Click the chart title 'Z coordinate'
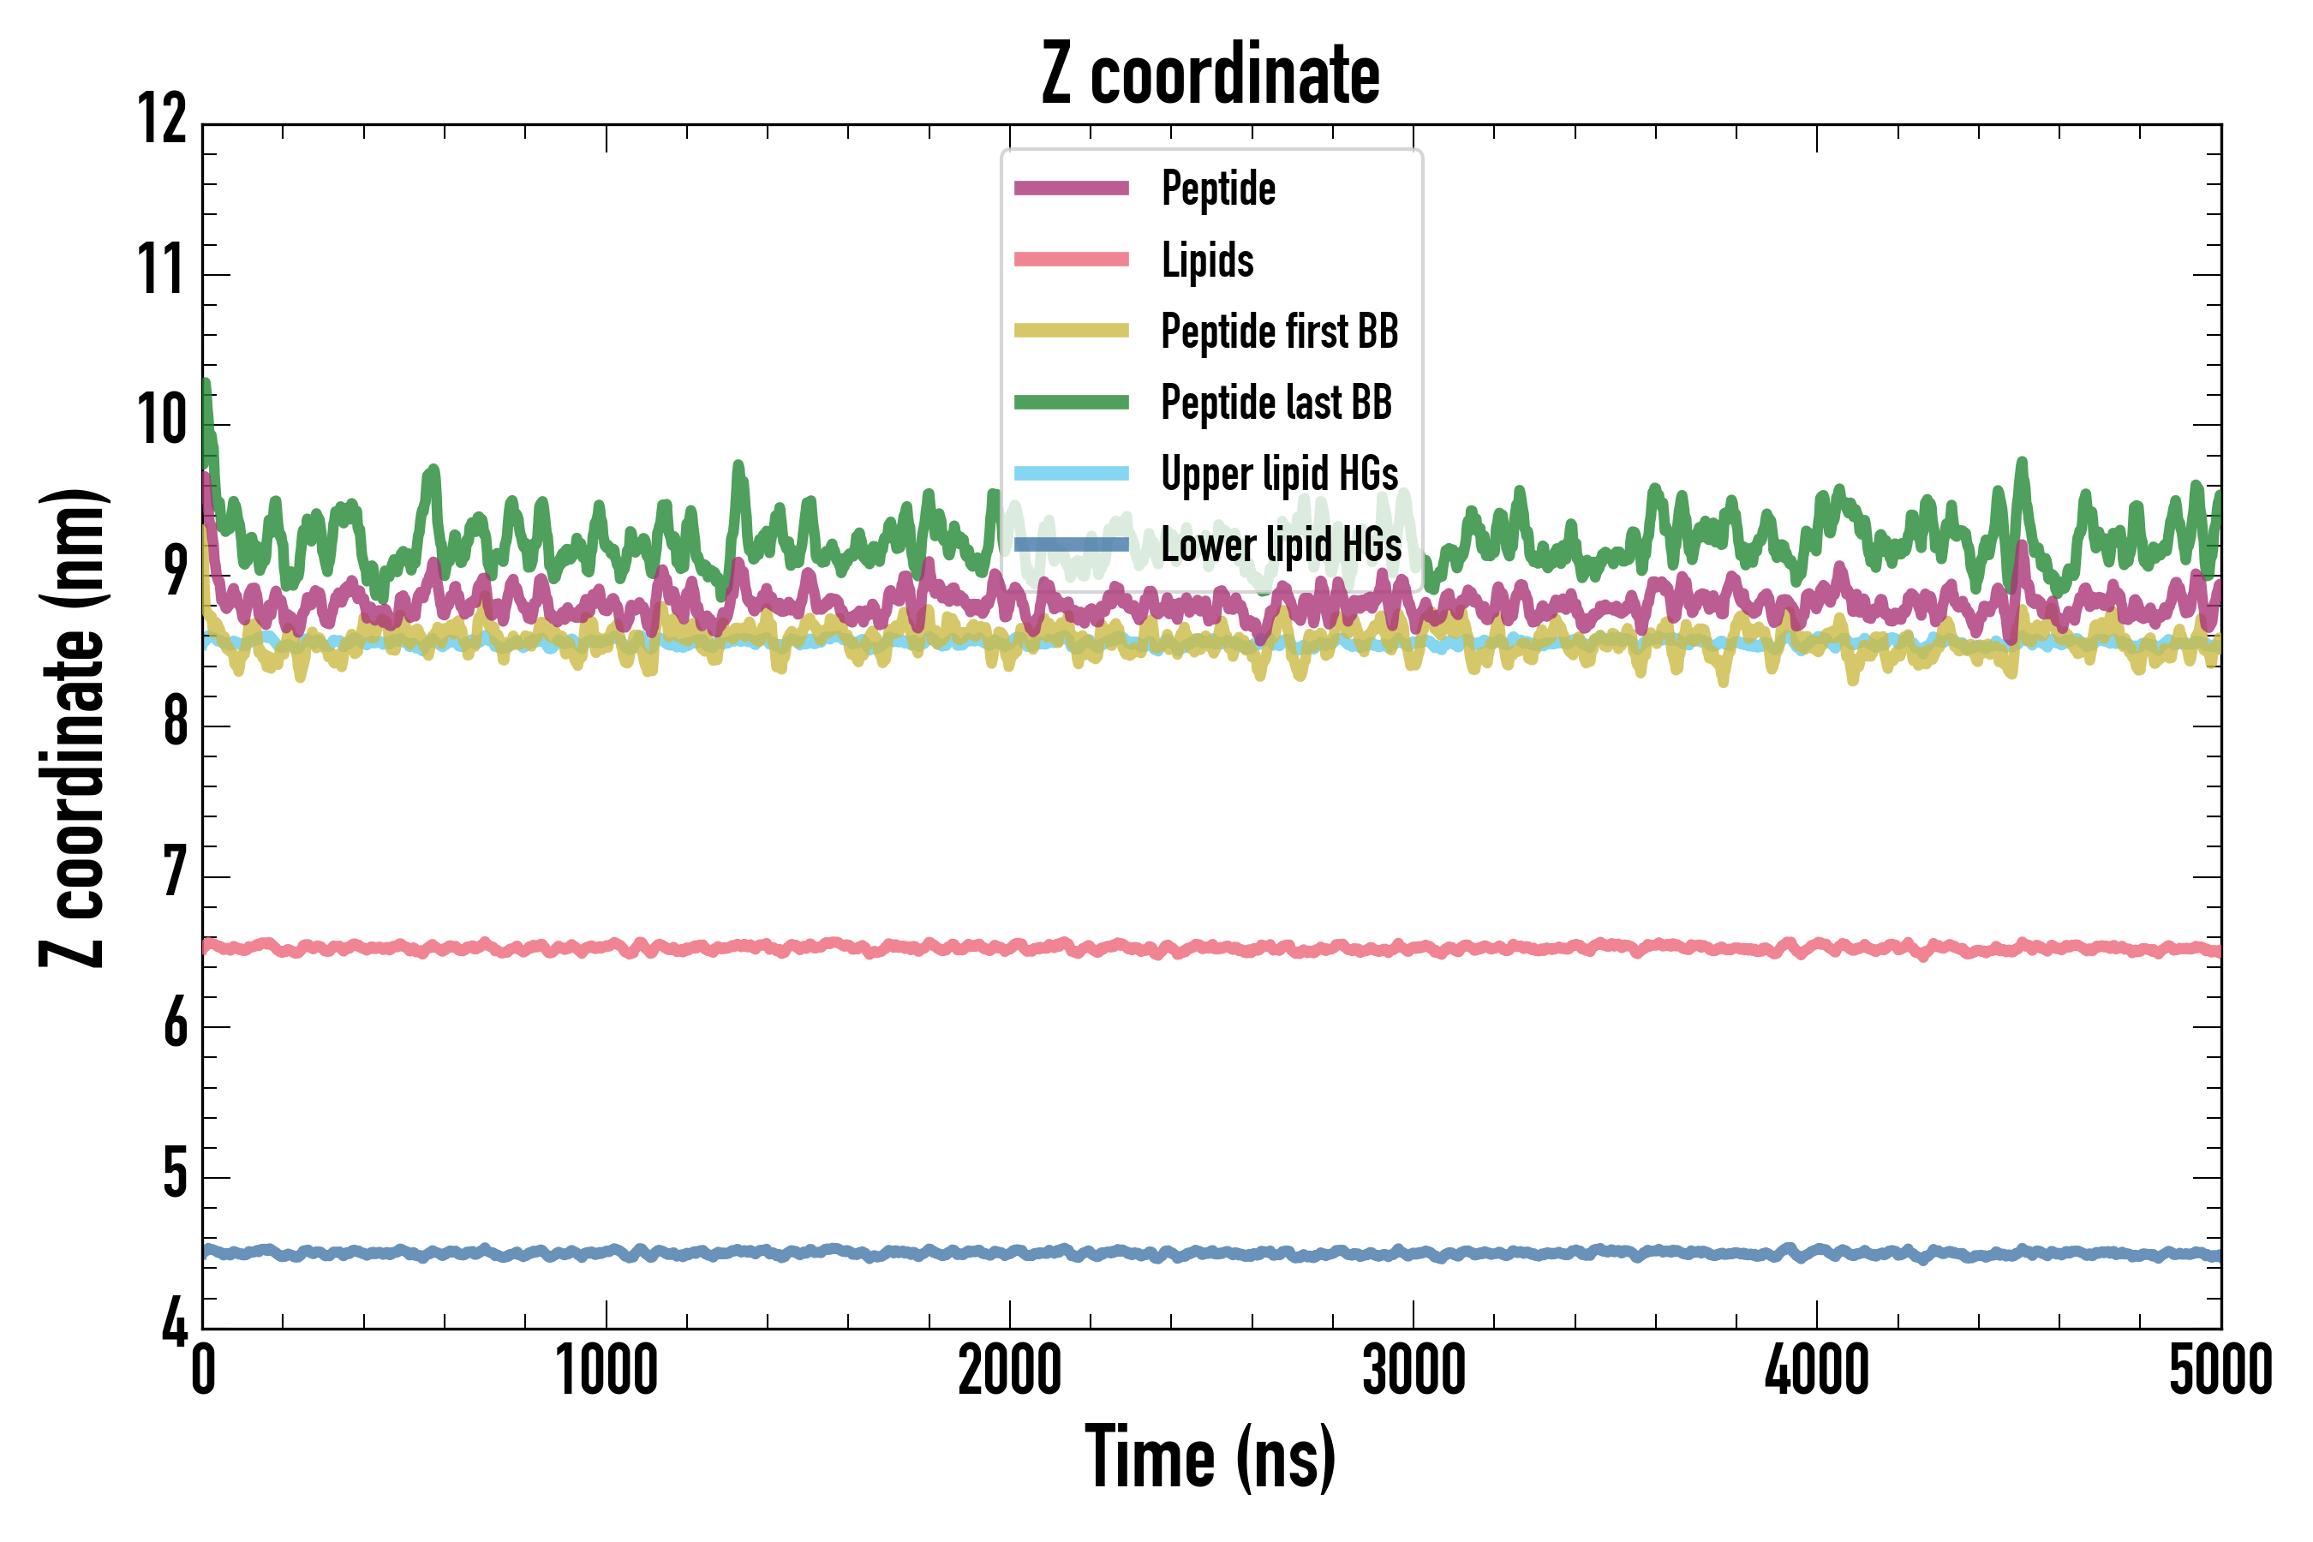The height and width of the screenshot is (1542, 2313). tap(1210, 75)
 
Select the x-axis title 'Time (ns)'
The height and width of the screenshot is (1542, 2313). tap(1210, 1457)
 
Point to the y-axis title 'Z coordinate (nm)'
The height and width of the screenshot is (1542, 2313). tap(73, 727)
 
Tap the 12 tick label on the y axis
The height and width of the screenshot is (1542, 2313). tap(162, 120)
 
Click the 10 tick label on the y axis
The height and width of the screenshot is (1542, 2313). tap(162, 421)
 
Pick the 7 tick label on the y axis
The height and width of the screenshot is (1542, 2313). tap(175, 873)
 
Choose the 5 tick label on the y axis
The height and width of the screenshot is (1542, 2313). tap(175, 1174)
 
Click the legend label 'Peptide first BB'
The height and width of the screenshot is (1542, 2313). tap(1279, 332)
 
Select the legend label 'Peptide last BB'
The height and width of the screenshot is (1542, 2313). tap(1276, 403)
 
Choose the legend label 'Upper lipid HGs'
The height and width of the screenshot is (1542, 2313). tap(1279, 474)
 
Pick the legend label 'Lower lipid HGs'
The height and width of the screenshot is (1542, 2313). tap(1282, 546)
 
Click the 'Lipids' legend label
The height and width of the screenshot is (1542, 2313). tap(1208, 260)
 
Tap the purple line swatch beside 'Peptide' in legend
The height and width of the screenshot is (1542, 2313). tap(1071, 188)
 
